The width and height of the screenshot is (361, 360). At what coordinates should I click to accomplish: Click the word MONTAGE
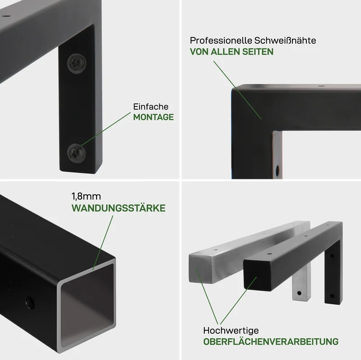click(153, 117)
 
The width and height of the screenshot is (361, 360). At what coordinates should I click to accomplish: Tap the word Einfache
click(151, 106)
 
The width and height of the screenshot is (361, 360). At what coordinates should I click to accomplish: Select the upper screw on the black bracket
click(77, 64)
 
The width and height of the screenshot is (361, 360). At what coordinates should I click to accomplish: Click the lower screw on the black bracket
click(76, 153)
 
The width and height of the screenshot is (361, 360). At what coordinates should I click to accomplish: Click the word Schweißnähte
click(285, 41)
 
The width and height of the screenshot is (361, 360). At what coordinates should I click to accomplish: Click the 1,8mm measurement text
click(86, 197)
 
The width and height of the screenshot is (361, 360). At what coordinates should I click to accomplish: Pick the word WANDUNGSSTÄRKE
click(118, 208)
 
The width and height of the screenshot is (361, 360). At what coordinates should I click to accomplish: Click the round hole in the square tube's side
click(30, 303)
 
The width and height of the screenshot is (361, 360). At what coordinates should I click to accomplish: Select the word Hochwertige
click(231, 331)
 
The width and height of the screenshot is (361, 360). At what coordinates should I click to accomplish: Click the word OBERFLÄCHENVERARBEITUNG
click(271, 342)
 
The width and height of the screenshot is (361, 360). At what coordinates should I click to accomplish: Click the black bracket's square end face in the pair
click(257, 275)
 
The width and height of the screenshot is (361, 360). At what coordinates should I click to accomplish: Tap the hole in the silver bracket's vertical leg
click(299, 293)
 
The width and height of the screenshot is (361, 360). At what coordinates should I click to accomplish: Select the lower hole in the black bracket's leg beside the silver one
click(332, 295)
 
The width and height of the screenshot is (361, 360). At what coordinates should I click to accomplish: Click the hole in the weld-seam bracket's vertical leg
click(278, 171)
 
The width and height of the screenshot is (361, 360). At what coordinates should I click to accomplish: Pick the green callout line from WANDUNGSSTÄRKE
click(103, 243)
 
